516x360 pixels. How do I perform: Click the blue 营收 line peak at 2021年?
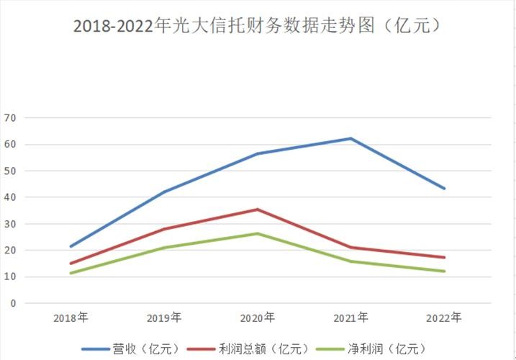click(351, 138)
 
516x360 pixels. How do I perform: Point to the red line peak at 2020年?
click(258, 210)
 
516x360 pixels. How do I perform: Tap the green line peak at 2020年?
click(258, 233)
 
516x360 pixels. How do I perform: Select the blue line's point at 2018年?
click(71, 246)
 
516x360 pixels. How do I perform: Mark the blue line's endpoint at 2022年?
click(444, 189)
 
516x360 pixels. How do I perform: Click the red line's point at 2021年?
click(351, 248)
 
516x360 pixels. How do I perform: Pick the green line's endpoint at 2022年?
click(444, 271)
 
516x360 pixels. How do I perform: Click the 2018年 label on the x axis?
click(71, 318)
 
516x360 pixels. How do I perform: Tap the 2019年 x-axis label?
click(164, 318)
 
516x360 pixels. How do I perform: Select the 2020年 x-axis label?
click(258, 318)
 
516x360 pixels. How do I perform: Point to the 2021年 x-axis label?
click(351, 318)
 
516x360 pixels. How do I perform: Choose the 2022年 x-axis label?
click(444, 318)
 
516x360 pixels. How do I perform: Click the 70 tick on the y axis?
click(10, 118)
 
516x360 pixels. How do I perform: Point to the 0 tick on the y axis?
click(12, 304)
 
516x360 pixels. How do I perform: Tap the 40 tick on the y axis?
click(10, 197)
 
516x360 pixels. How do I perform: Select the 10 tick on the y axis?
click(10, 277)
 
